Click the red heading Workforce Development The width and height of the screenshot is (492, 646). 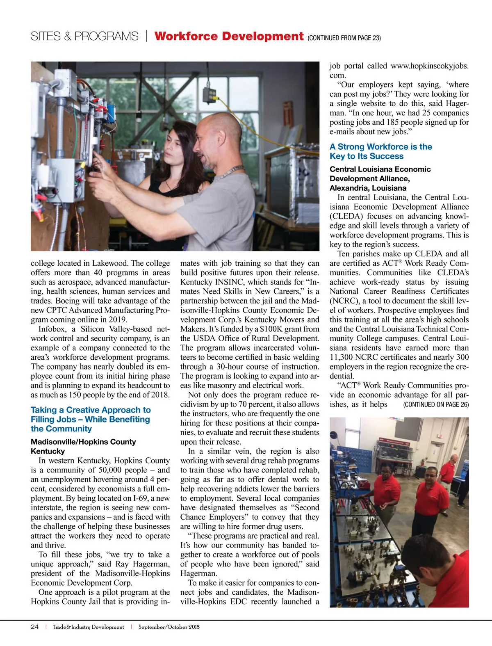coord(229,37)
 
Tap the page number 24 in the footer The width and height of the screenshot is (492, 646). coord(34,627)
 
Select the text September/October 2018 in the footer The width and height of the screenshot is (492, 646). coord(169,627)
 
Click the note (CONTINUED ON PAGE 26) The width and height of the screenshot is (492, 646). coord(436,405)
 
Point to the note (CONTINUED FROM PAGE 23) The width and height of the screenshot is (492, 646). coord(344,38)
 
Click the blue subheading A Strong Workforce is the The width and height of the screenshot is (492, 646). coord(380,147)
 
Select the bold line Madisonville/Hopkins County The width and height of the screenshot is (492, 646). coord(83,442)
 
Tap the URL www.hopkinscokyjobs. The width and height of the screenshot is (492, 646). coord(429,66)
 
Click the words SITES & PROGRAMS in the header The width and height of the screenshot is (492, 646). coord(84,37)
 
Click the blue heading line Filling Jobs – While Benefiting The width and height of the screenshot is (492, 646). coord(90,419)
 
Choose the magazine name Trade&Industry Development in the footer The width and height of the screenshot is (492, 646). coord(89,627)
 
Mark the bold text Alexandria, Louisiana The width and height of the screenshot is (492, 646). coord(368,188)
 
